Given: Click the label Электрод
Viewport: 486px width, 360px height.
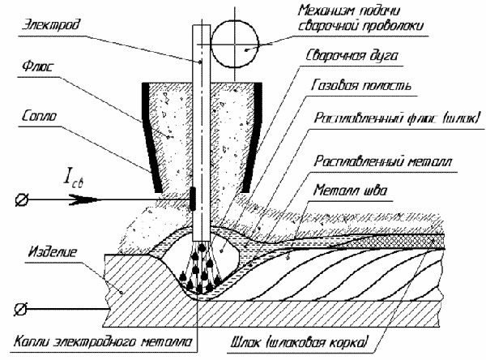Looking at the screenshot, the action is (51, 24).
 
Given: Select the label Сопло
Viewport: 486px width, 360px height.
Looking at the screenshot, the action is (40, 116).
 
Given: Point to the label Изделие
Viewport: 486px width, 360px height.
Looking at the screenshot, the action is (52, 252).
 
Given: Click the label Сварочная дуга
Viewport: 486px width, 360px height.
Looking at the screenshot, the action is (352, 56).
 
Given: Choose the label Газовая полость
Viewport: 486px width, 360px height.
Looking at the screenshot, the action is (361, 85).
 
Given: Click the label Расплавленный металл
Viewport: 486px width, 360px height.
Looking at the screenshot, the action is (383, 161).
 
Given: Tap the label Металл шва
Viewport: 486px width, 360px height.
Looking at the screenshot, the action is (350, 190).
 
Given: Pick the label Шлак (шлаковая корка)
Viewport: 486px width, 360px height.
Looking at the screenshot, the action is (300, 342).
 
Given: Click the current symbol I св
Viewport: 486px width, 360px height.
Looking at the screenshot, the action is (74, 177).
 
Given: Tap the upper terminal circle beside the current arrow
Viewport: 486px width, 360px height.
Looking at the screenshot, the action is (22, 199).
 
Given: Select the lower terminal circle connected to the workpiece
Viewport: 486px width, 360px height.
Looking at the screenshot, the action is (21, 309).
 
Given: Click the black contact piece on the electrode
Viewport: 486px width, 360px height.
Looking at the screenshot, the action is (193, 199).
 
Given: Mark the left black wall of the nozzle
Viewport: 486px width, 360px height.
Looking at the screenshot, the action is (151, 136).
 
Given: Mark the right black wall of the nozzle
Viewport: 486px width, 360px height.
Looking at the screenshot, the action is (252, 136).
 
